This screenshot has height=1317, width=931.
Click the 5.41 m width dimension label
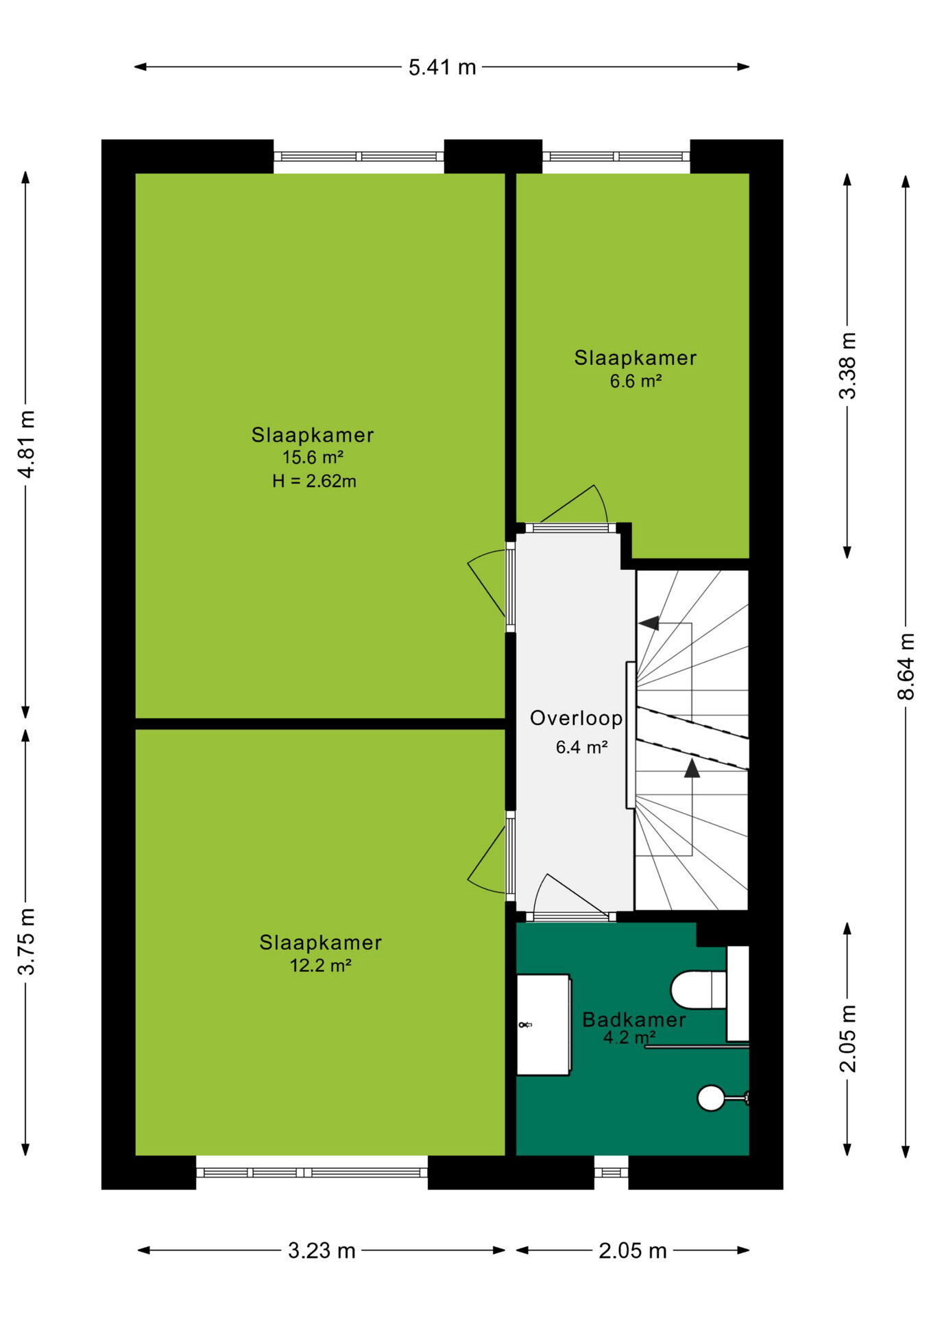[442, 67]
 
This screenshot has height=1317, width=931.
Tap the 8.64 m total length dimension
[906, 666]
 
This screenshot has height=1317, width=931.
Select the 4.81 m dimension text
[26, 444]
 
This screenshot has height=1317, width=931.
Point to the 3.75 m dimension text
[26, 940]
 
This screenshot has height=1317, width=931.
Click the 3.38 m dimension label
[848, 366]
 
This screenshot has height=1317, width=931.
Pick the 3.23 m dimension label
[322, 1250]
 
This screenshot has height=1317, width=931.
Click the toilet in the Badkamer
[698, 990]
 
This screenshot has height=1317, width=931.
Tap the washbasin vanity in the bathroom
[543, 1025]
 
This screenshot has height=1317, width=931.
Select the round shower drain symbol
[711, 1097]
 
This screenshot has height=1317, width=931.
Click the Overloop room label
[576, 718]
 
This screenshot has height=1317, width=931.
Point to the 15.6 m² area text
[313, 458]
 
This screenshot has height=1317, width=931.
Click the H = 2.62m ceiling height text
[314, 481]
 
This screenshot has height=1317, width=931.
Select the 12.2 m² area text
[320, 966]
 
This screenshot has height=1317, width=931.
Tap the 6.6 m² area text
[636, 381]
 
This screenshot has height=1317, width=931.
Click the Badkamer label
[634, 1019]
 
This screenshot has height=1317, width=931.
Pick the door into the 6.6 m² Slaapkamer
[573, 508]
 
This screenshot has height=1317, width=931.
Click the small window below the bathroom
[611, 1172]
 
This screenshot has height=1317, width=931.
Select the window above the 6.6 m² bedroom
[616, 156]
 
